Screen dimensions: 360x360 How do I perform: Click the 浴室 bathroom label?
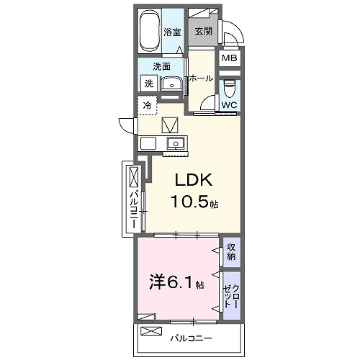(171, 32)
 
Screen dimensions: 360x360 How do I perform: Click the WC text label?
(229, 105)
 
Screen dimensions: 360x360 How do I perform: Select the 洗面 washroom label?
(161, 66)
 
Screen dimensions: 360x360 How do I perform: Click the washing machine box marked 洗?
(148, 84)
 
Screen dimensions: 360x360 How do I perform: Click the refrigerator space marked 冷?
(148, 106)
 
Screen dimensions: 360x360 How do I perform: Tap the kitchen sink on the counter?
(175, 142)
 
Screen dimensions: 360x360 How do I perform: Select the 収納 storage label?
(231, 251)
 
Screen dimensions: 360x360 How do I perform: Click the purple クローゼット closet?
(231, 293)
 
